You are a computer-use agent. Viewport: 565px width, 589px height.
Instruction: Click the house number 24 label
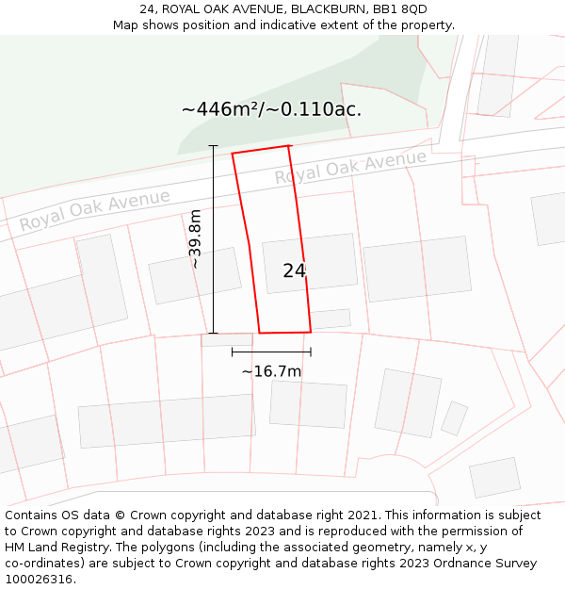[x=294, y=270]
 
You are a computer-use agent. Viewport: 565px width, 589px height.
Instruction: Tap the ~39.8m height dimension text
[x=195, y=239]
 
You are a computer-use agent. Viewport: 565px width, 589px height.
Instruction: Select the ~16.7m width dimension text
[x=271, y=371]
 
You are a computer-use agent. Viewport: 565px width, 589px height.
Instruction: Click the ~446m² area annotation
[x=271, y=109]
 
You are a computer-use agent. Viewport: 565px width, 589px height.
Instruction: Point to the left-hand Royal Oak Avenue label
[x=95, y=209]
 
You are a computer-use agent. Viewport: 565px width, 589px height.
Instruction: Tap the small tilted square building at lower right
[x=455, y=418]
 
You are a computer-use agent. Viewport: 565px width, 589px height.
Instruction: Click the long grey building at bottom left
[x=167, y=420]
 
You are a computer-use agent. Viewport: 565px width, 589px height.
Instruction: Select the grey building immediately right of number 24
[x=417, y=269]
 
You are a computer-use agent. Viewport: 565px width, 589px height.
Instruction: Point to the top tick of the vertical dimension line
[x=213, y=146]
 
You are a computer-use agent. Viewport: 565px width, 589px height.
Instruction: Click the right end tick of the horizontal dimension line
[x=311, y=352]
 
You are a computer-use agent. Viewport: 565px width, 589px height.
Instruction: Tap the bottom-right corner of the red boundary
[x=311, y=332]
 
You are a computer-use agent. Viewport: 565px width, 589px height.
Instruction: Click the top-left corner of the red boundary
[x=233, y=153]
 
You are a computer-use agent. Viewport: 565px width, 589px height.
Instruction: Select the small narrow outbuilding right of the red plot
[x=331, y=319]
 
